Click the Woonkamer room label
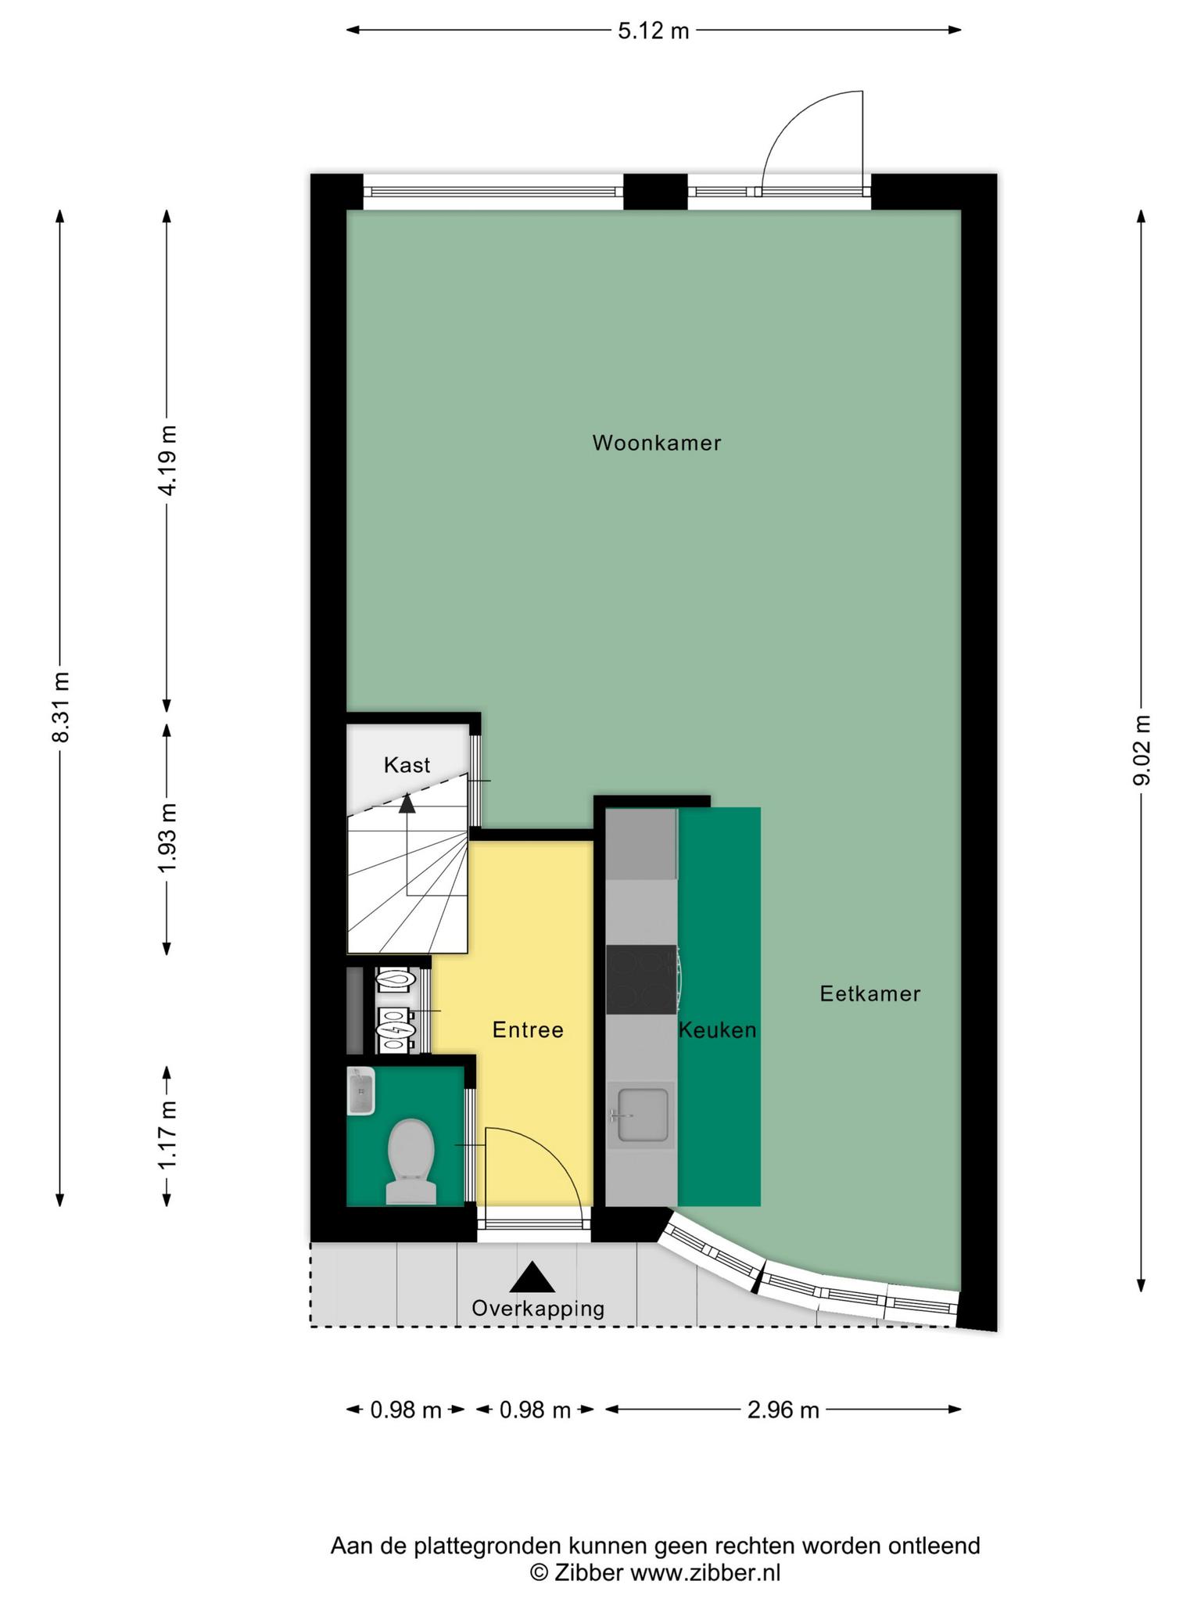pos(656,443)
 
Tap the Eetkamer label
pos(869,993)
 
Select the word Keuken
pos(718,1029)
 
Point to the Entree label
pos(528,1029)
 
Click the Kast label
pos(407,764)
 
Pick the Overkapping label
pos(538,1308)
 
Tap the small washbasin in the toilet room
pos(360,1091)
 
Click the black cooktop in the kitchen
pos(641,979)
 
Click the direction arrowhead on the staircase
pos(407,803)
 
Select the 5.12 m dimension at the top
pos(654,31)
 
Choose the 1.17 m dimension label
pos(167,1134)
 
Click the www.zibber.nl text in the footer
pos(705,1572)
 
